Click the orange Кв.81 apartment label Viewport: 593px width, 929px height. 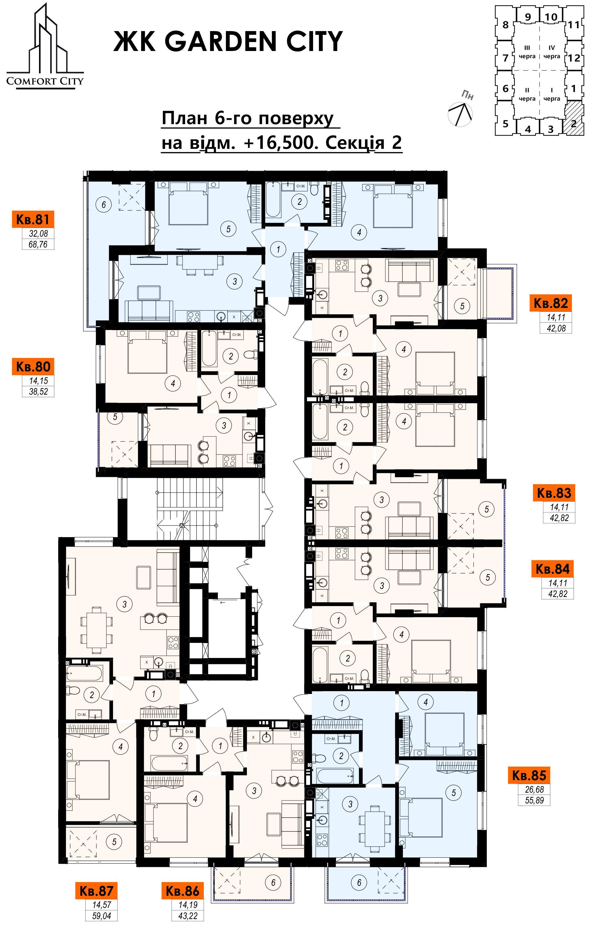33,219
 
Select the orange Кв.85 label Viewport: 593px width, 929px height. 529,775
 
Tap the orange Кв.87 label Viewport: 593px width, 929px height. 96,891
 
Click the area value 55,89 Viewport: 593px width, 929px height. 534,800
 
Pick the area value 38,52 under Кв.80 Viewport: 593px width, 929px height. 38,392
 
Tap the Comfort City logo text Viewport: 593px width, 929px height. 45,81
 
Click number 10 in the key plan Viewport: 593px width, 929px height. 551,17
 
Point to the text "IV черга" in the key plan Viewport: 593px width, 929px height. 552,52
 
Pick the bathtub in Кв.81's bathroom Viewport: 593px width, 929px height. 274,200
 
